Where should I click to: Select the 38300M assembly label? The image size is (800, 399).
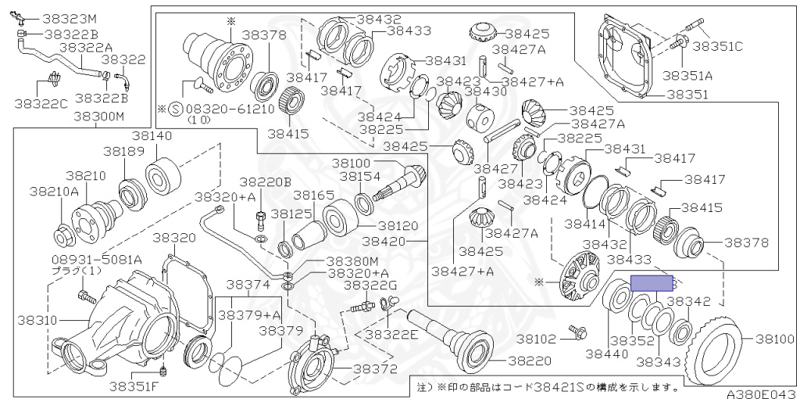coord(98,117)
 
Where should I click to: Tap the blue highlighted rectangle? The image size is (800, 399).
coord(652,282)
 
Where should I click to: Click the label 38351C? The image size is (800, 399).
coord(717,46)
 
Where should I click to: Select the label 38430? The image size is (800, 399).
coord(486,91)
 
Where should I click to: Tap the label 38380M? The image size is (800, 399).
coord(352,261)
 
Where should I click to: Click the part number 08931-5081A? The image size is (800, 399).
coord(86,259)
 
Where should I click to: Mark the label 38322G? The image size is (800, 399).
coord(371,284)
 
